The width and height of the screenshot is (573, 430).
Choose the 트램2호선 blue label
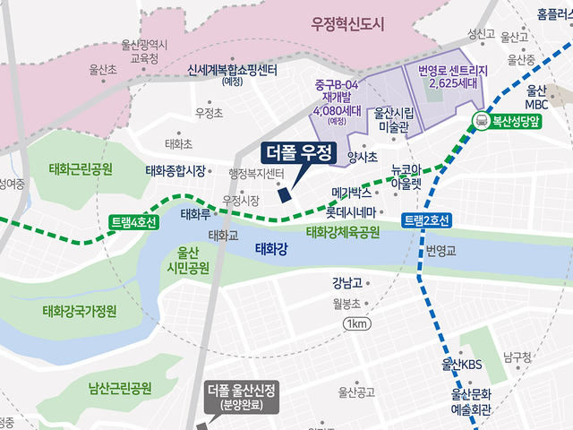tap(427, 220)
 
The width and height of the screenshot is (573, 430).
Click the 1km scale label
tap(356, 323)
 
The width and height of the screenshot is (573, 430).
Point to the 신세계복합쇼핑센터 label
tap(233, 71)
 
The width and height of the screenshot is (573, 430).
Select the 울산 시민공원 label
tap(187, 260)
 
